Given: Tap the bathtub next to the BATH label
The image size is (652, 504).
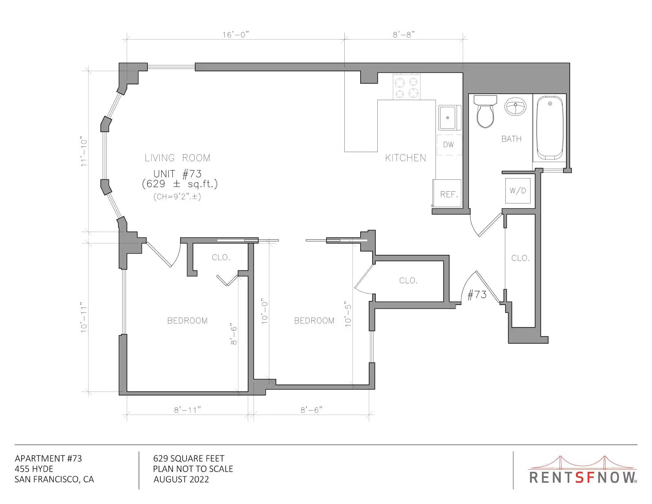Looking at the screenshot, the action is click(550, 128).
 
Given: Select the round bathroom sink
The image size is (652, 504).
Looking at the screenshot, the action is click(515, 106).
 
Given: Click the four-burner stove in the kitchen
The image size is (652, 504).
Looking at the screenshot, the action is click(407, 87).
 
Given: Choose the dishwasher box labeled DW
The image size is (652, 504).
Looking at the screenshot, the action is click(449, 145).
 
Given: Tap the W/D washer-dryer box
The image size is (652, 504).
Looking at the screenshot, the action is click(518, 190).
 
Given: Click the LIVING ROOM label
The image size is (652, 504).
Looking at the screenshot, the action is click(177, 158).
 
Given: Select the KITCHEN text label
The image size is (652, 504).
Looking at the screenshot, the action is click(405, 158).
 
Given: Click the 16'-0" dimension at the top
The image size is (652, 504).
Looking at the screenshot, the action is click(236, 35).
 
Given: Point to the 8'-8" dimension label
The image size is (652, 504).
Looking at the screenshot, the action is click(404, 35).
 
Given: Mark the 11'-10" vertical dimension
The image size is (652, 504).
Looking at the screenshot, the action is click(84, 152).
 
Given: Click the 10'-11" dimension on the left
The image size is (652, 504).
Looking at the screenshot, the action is click(84, 317).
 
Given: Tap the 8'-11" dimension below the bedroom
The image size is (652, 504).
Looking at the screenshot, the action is click(187, 410).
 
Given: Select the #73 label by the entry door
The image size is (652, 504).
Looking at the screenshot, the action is click(477, 294).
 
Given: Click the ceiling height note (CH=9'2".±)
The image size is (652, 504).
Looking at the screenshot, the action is click(177, 197).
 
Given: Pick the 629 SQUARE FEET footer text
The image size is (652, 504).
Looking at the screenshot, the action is click(189, 459).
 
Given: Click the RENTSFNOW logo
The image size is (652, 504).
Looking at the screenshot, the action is click(582, 470).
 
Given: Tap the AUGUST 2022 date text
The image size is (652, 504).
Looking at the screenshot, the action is click(181, 480).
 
